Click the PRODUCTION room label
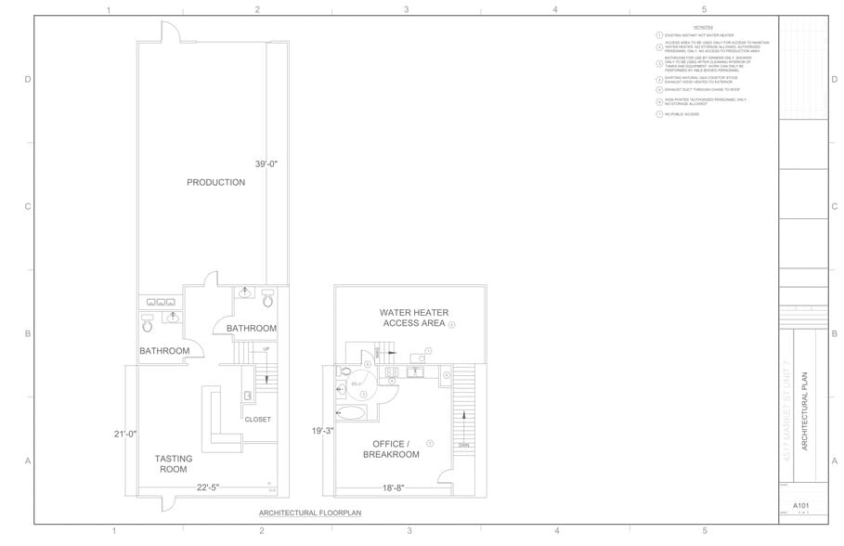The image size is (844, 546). pyautogui.click(x=215, y=182)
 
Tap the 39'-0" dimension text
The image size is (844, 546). pyautogui.click(x=266, y=163)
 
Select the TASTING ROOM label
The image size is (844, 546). pyautogui.click(x=173, y=463)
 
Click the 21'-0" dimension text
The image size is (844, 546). pyautogui.click(x=124, y=434)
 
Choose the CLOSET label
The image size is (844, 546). pyautogui.click(x=257, y=419)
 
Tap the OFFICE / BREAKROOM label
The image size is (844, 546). pyautogui.click(x=391, y=448)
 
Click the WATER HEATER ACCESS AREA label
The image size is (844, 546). pyautogui.click(x=413, y=318)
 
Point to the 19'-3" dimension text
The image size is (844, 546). pyautogui.click(x=322, y=431)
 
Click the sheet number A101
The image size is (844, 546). pyautogui.click(x=801, y=506)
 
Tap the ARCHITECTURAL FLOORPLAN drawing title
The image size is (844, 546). pyautogui.click(x=309, y=513)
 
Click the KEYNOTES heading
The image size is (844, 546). pyautogui.click(x=716, y=28)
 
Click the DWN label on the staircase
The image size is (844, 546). pyautogui.click(x=462, y=445)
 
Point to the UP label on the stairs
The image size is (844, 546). pyautogui.click(x=266, y=349)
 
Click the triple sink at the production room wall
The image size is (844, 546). pyautogui.click(x=162, y=301)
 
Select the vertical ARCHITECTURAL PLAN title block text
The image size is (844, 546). pyautogui.click(x=804, y=411)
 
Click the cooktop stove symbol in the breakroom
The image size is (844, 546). pyautogui.click(x=391, y=374)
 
